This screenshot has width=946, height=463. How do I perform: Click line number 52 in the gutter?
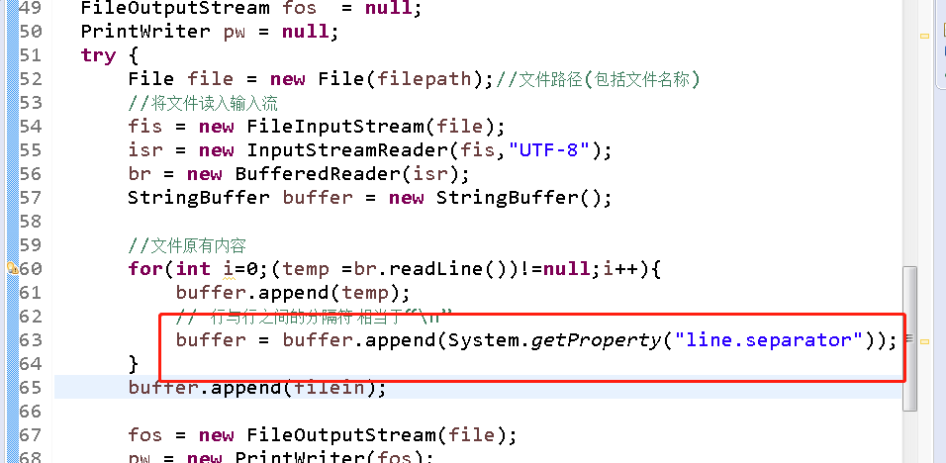point(30,78)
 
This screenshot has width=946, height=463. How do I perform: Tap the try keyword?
point(98,54)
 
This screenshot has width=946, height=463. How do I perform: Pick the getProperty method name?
point(598,339)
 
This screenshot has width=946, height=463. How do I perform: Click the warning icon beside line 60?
point(11,268)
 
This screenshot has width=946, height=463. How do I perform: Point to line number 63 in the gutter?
point(30,339)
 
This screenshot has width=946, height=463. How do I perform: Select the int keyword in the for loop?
point(194,268)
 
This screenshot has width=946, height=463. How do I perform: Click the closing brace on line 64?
point(134,363)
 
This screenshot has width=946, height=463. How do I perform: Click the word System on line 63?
point(485,339)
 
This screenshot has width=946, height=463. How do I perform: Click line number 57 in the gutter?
point(30,197)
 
